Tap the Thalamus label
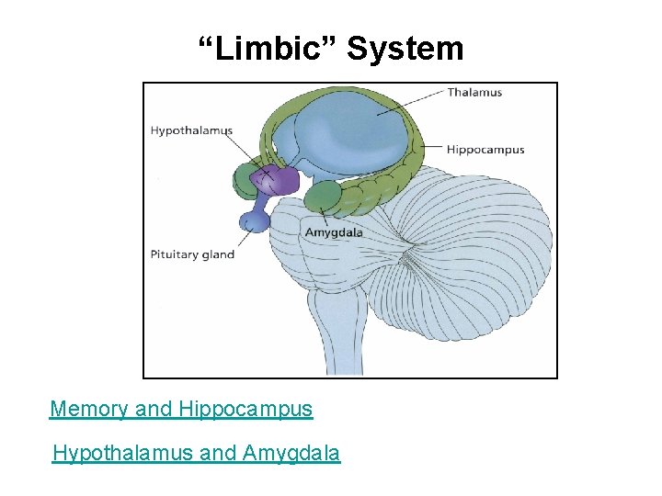(x=474, y=93)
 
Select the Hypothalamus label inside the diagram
(x=191, y=130)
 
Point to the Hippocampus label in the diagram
(x=485, y=150)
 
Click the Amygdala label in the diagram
(x=334, y=232)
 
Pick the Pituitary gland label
(x=192, y=254)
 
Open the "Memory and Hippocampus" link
(x=181, y=409)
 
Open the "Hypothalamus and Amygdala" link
(x=196, y=453)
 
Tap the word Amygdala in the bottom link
(x=291, y=453)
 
